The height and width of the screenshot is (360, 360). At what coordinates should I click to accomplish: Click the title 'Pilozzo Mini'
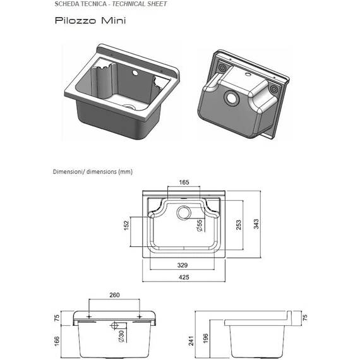(x=90, y=20)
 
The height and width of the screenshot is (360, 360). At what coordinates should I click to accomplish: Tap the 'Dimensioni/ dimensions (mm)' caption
(x=93, y=172)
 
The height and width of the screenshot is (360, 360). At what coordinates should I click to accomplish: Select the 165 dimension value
(x=184, y=183)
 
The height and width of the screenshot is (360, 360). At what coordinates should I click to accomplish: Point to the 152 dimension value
(x=126, y=225)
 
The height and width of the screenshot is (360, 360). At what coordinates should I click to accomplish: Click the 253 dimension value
(x=239, y=225)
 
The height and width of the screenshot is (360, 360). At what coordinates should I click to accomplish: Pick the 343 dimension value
(x=256, y=224)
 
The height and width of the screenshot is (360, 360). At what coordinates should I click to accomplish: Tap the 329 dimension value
(x=183, y=265)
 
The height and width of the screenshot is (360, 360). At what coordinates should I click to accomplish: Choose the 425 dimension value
(x=184, y=277)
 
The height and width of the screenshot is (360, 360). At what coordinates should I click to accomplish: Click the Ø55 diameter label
(x=200, y=225)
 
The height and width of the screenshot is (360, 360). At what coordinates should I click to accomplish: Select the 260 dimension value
(x=114, y=295)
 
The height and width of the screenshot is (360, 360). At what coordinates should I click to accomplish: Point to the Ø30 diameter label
(x=121, y=337)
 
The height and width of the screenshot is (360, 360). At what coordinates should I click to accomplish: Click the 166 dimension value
(x=57, y=341)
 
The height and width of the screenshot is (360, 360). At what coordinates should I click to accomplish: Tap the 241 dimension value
(x=191, y=340)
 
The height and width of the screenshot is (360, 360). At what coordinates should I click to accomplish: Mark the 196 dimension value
(x=205, y=339)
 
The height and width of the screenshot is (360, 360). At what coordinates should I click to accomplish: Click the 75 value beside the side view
(x=305, y=318)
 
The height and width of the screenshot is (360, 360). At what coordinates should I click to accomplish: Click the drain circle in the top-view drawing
(x=184, y=213)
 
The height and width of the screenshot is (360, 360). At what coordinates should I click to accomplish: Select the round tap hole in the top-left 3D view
(x=135, y=73)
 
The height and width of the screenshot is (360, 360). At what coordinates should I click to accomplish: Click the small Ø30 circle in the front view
(x=114, y=325)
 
